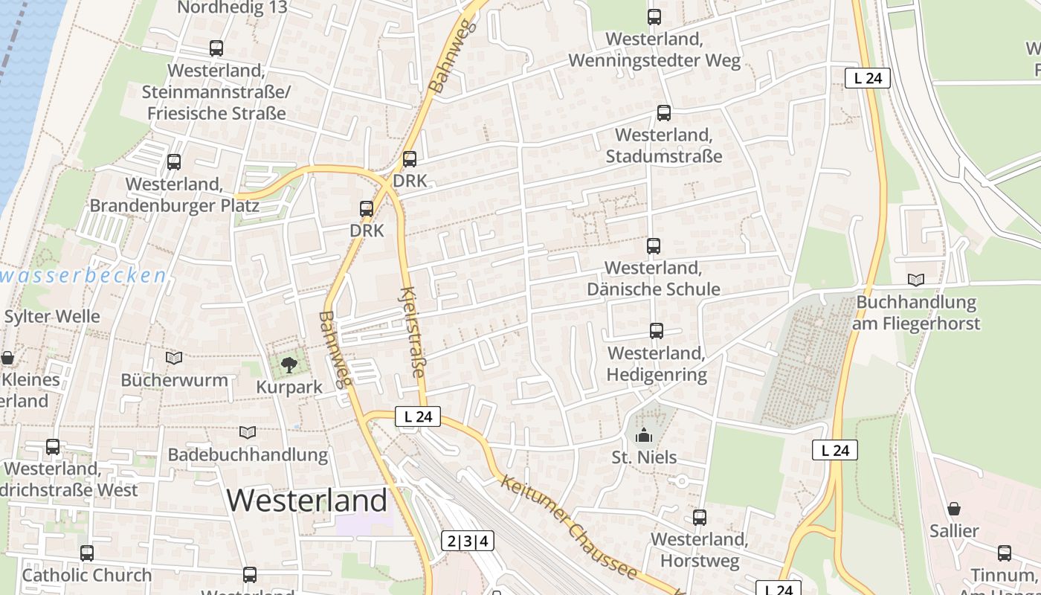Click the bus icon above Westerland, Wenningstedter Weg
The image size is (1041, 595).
coord(654,17)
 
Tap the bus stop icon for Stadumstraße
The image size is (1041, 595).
coord(664,113)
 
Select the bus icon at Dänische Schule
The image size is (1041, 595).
coord(654,245)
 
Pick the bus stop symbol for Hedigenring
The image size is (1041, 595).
coord(657,331)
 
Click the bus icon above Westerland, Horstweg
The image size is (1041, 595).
coord(700,518)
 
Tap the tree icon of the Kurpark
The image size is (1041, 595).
coord(289,364)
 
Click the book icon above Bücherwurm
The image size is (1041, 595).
coord(174,358)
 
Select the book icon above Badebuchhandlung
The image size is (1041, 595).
coord(248,432)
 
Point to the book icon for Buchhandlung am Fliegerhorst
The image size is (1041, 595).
coord(916,280)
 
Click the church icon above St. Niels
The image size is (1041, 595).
coord(644,435)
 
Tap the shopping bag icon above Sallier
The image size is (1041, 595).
coord(954,509)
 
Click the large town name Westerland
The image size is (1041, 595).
coord(307,501)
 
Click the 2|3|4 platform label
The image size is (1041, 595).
coord(468,541)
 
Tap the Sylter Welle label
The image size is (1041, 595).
coord(52,316)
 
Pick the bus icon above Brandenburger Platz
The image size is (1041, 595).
coord(174,161)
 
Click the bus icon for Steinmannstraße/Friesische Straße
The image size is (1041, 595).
coord(216,48)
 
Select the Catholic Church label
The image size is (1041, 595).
coord(87,575)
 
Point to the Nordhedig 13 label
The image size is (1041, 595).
coord(233,8)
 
